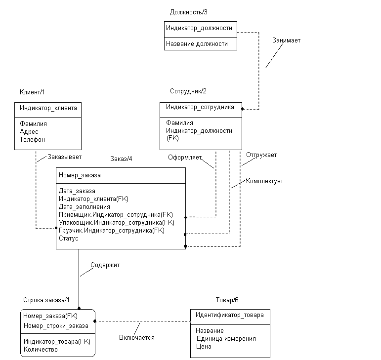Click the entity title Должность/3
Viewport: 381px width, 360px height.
(x=189, y=12)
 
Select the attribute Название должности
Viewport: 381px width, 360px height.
(x=197, y=44)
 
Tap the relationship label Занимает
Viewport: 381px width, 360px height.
(x=286, y=40)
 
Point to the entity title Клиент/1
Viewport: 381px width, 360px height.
(x=32, y=92)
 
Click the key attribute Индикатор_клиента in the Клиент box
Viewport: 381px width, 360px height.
(x=48, y=108)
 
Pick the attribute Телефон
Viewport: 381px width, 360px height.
(x=32, y=140)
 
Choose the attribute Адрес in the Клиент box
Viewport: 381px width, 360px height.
(x=29, y=132)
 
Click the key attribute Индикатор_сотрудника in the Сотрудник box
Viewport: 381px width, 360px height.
(x=200, y=107)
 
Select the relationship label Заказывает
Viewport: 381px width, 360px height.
(x=64, y=157)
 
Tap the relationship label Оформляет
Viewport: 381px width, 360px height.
(x=185, y=158)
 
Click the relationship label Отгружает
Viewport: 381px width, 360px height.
(x=261, y=155)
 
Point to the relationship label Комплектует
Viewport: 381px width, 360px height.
(x=264, y=181)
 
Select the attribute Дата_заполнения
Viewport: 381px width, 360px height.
(x=85, y=207)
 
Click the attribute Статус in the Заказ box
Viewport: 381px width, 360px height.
(x=69, y=239)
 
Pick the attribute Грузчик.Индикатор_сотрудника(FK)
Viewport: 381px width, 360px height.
(x=112, y=231)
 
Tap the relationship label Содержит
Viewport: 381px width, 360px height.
(x=105, y=265)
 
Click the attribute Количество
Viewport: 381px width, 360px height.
(x=41, y=350)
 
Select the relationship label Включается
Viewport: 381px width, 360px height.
(x=137, y=338)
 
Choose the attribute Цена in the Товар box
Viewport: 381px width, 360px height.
(x=204, y=347)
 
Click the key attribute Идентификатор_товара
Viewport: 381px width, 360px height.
(x=230, y=315)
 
